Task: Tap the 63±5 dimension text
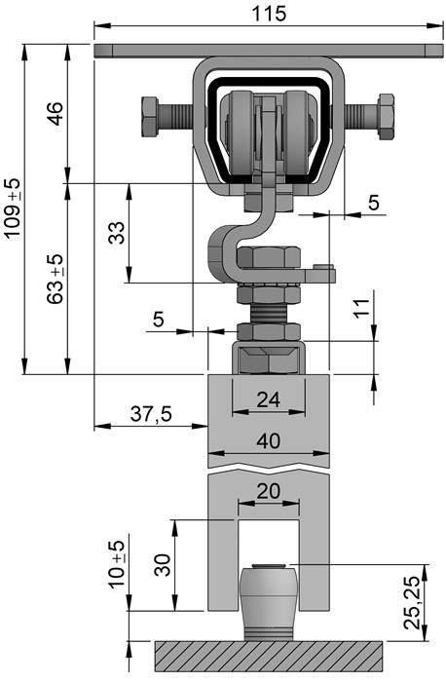point(55,280)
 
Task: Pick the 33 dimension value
point(116,234)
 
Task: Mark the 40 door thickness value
point(269,440)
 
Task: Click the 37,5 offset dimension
point(151,414)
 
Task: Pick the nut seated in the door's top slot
point(269,360)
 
